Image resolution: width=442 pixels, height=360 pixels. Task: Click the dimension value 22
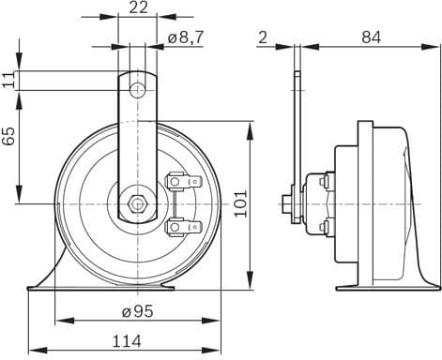pos(138,8)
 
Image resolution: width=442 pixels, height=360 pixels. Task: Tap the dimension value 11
pos(9,81)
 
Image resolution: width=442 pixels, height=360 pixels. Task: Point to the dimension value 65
pos(9,137)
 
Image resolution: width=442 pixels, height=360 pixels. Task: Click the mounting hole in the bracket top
pos(138,89)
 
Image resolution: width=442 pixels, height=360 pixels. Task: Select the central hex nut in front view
pos(138,202)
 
